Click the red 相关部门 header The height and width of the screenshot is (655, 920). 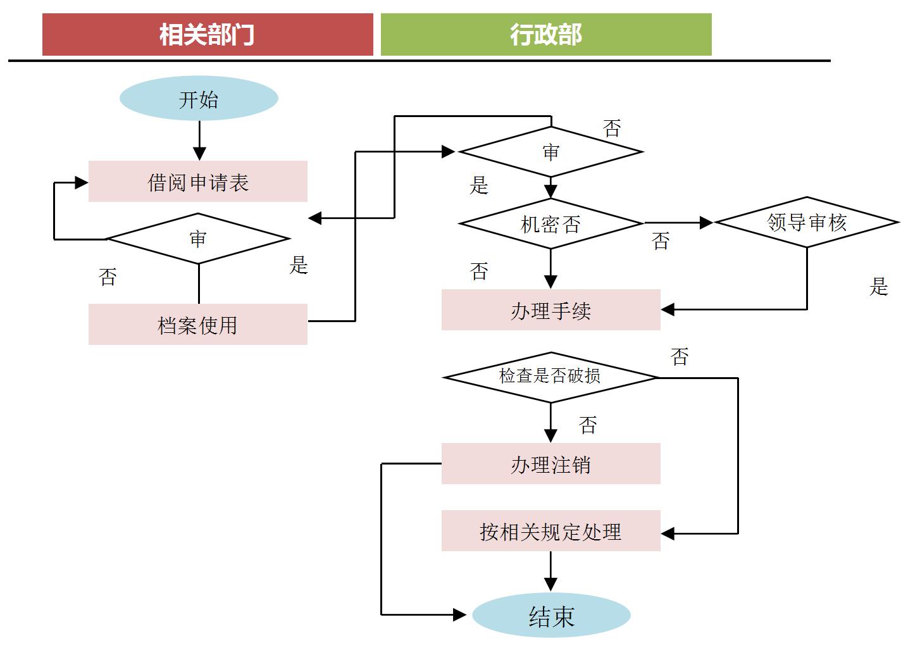pos(208,35)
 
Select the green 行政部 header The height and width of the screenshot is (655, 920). pos(545,35)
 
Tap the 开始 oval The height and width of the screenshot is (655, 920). pos(199,99)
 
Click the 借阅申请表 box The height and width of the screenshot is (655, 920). pos(197,182)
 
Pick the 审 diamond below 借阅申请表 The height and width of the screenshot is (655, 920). pos(198,239)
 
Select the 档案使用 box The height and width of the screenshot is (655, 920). pos(197,325)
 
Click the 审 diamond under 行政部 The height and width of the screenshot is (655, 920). pos(550,152)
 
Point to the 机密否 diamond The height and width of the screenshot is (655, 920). pos(550,223)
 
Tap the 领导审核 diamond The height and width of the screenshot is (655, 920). pos(807,222)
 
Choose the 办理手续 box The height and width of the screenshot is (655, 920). pos(550,310)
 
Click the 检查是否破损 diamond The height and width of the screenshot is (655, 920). pos(550,377)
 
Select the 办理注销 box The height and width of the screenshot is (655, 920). pos(550,464)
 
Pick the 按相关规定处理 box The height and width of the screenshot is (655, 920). pos(550,531)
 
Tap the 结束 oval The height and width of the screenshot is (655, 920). pos(551,616)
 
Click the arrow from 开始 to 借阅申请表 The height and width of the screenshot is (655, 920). pos(199,140)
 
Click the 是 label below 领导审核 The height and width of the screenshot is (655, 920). pos(878,287)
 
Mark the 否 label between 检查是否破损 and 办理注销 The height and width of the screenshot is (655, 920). pos(588,425)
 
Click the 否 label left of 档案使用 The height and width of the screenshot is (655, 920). pos(108,277)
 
